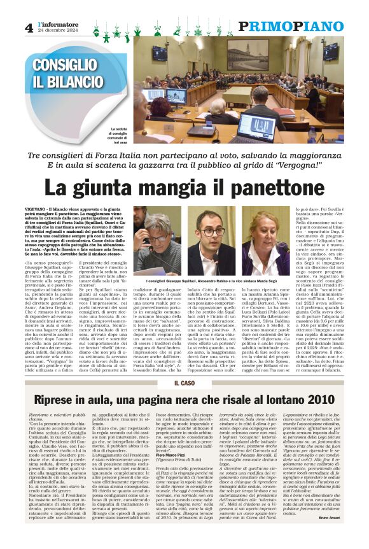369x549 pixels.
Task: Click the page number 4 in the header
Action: (x=29, y=27)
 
